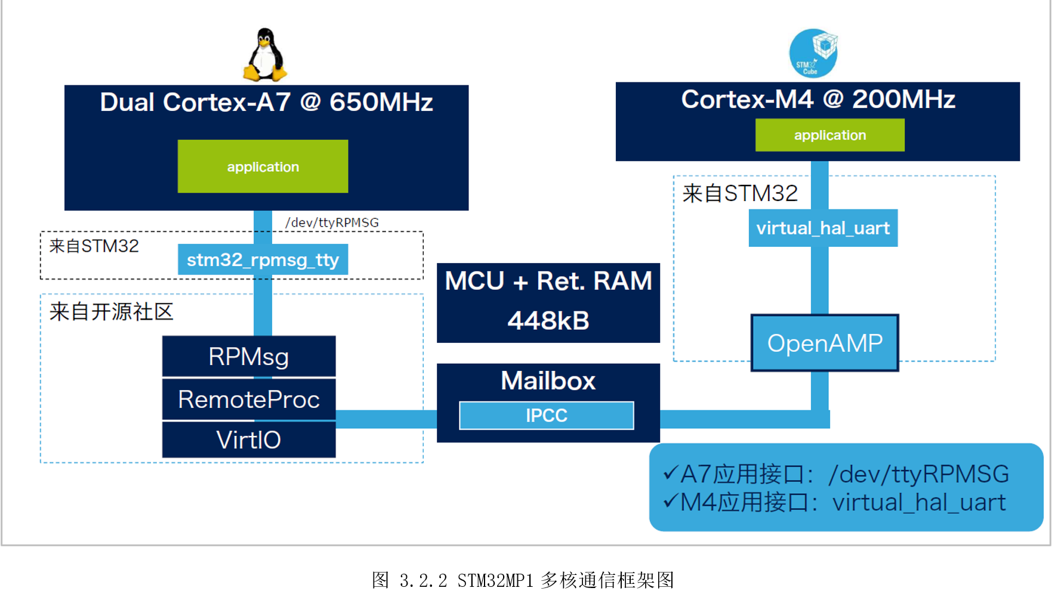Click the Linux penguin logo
coord(265,55)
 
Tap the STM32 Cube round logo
coord(813,53)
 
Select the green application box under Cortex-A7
coord(263,166)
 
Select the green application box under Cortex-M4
coord(829,135)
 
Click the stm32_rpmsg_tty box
coord(263,260)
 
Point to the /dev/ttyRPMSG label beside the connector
coord(332,222)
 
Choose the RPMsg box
coord(248,357)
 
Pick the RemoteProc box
coord(248,400)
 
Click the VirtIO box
coord(248,440)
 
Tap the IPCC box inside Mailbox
coord(546,416)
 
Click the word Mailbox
coord(548,381)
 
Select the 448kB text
coord(548,321)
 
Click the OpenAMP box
coord(825,344)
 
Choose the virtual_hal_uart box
coord(823,228)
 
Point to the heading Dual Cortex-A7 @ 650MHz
coord(266,103)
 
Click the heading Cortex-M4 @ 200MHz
coord(818,100)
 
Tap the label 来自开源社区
coord(111,312)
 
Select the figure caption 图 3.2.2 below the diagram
coord(523,580)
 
